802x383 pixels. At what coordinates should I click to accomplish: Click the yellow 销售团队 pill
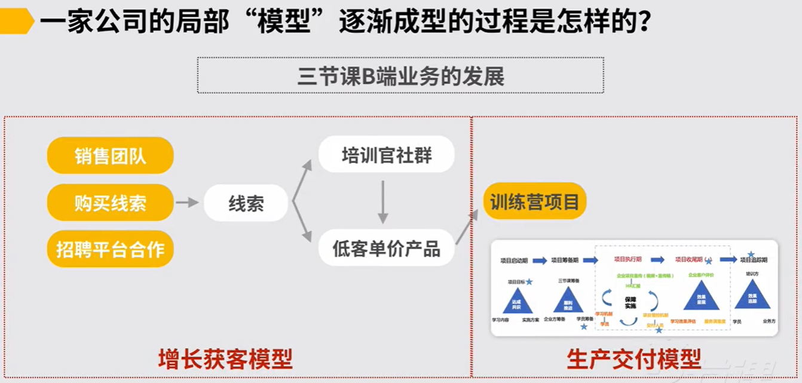point(110,156)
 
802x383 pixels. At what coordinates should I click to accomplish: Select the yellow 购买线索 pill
point(110,203)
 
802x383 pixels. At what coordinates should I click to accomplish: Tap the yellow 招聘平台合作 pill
point(110,249)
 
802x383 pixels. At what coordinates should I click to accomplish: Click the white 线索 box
point(246,203)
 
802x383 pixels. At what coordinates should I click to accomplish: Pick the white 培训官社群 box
point(386,155)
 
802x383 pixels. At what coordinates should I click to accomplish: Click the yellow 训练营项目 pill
point(535,201)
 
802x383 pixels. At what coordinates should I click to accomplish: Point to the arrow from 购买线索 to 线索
point(187,203)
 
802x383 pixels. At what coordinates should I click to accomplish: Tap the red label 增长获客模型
point(225,360)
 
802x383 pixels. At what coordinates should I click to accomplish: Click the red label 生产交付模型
point(633,360)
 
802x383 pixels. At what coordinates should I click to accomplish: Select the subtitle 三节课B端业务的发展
point(400,76)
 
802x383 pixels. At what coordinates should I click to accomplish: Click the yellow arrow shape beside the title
point(17,22)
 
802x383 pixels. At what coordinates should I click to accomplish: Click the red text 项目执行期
point(627,260)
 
